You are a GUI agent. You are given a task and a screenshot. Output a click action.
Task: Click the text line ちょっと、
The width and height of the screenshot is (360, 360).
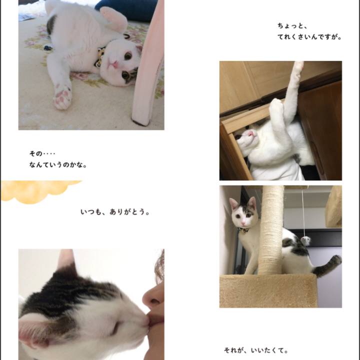click(293, 25)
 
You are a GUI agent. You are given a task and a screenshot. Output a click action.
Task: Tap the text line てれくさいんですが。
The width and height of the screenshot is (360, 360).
click(309, 36)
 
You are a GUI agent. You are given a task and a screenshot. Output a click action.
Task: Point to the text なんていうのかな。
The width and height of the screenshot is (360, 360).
click(57, 164)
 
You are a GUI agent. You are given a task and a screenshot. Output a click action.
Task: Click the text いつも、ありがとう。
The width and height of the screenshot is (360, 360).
click(115, 212)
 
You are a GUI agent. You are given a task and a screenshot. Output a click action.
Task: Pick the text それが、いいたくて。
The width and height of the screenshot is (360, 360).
click(255, 350)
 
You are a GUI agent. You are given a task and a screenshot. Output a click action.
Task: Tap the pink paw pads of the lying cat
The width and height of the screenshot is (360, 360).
click(62, 96)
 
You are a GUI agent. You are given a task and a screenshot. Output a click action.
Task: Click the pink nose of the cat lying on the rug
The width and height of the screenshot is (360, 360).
click(114, 64)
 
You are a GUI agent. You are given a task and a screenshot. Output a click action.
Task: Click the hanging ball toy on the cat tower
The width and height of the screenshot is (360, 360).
click(305, 240)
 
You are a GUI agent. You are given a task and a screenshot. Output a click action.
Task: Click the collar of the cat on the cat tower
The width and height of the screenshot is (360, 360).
click(243, 230)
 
